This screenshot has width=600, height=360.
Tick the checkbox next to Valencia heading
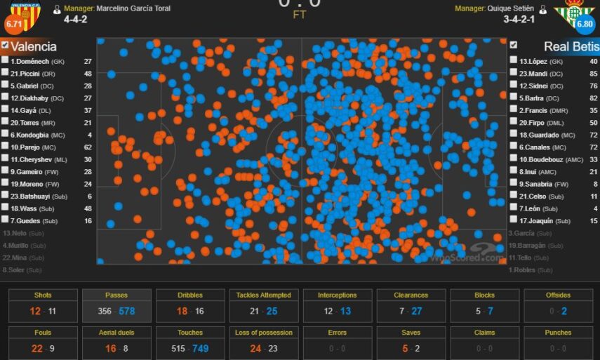point(5,46)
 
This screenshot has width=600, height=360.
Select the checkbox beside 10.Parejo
point(5,147)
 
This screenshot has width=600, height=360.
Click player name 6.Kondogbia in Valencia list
point(31,135)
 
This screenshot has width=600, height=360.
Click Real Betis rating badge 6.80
point(585,24)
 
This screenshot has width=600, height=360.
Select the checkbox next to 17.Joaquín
point(513,221)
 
